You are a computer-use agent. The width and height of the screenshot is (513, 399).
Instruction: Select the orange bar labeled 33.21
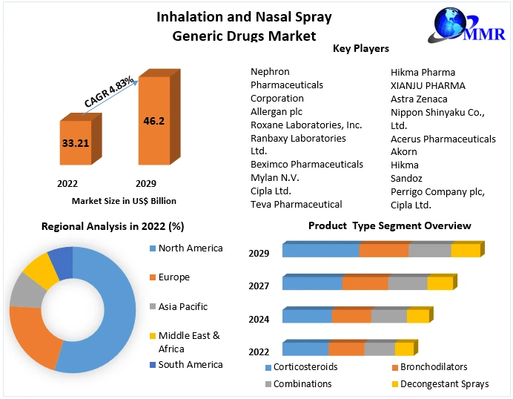click(x=75, y=142)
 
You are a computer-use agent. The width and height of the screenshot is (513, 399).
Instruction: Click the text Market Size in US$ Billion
click(x=124, y=201)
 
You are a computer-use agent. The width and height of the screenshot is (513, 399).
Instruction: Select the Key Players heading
click(x=361, y=49)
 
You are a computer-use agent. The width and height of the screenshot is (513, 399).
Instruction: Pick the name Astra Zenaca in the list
click(x=419, y=99)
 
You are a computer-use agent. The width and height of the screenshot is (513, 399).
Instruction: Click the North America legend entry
click(x=190, y=248)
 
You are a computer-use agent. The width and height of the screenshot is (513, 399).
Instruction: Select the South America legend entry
click(x=190, y=365)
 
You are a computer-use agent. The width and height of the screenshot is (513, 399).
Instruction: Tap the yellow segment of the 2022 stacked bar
click(x=403, y=349)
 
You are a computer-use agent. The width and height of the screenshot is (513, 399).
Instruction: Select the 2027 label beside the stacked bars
click(x=259, y=286)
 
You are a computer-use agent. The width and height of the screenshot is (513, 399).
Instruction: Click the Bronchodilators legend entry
click(x=433, y=367)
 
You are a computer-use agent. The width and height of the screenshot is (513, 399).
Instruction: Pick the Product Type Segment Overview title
click(x=389, y=225)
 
